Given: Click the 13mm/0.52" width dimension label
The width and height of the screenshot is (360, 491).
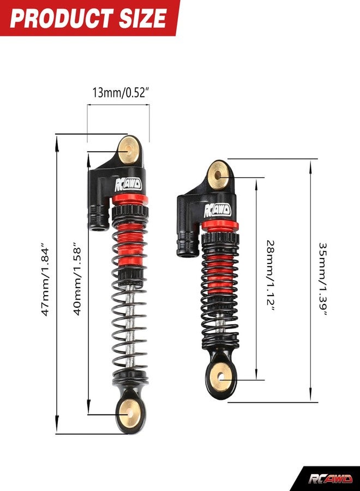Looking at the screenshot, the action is point(120,93).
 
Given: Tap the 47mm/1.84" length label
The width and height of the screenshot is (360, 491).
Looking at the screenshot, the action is point(45,278).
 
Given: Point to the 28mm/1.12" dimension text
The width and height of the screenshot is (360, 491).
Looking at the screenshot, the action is point(271,276).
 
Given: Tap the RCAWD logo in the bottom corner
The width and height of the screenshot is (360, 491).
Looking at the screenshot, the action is point(330,479).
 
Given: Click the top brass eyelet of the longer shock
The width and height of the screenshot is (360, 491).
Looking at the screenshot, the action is point(129,150).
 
